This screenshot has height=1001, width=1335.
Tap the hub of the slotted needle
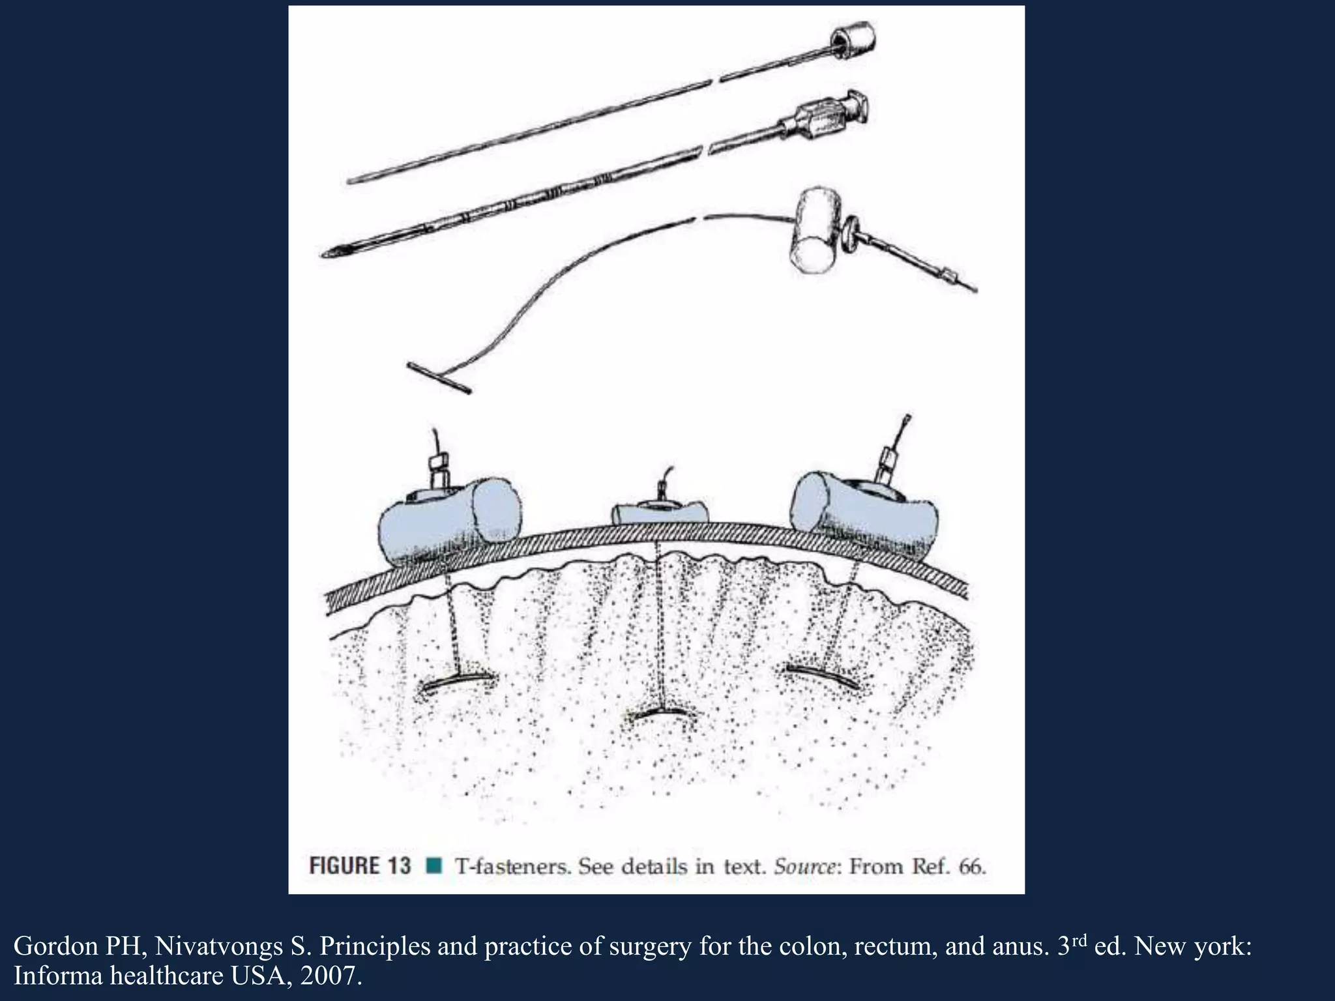(828, 118)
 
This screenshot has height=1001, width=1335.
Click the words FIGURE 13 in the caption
(360, 866)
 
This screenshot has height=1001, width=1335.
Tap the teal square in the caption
(433, 866)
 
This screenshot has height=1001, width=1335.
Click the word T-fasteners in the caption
(512, 867)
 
